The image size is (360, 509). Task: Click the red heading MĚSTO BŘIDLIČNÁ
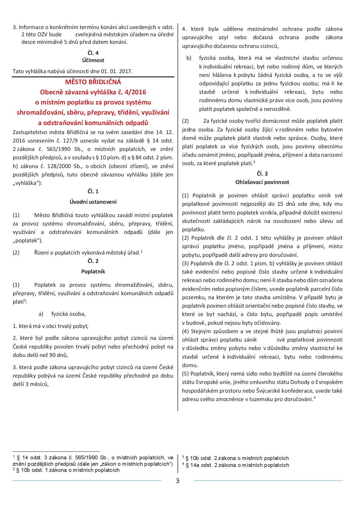[x=93, y=82]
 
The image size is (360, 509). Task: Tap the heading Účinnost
[x=93, y=60]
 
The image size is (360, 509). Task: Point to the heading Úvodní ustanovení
[x=93, y=202]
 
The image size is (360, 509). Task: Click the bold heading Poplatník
[x=93, y=272]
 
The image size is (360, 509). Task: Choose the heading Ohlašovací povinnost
[x=262, y=182]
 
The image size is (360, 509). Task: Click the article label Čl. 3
[x=262, y=174]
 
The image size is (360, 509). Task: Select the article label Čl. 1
[x=93, y=192]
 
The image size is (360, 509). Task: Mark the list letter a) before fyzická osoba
[x=41, y=314]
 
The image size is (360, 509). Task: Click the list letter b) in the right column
[x=189, y=58]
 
